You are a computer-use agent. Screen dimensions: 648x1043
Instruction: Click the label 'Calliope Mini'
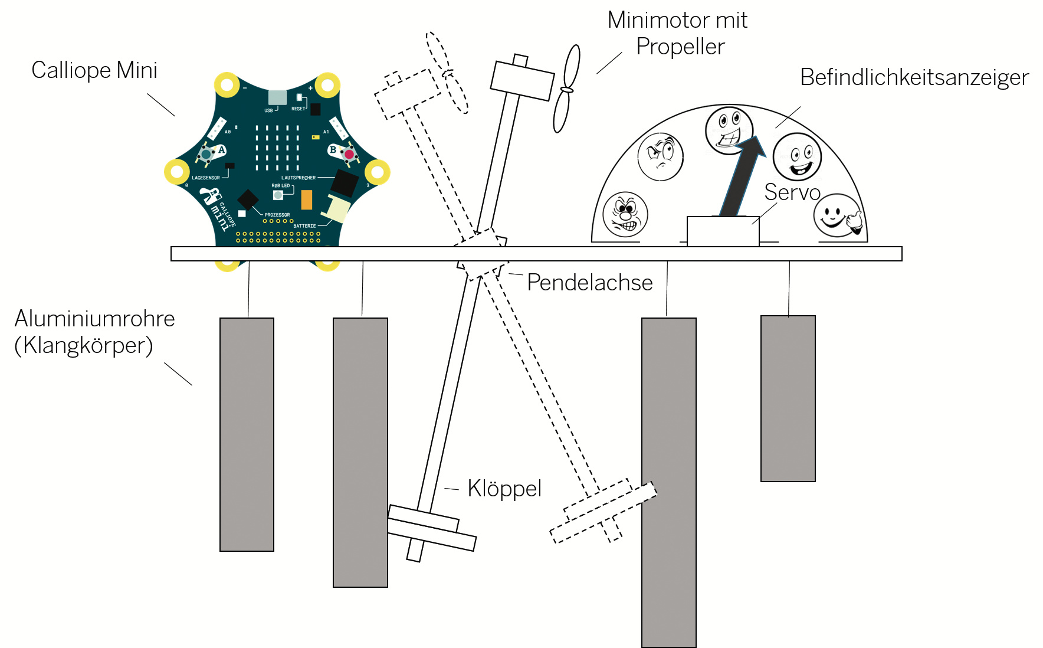pyautogui.click(x=94, y=70)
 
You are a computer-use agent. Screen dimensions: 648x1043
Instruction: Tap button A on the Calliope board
pyautogui.click(x=206, y=154)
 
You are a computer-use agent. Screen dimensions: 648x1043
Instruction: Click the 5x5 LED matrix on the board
pyautogui.click(x=277, y=147)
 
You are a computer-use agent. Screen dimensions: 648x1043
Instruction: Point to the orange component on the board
pyautogui.click(x=306, y=199)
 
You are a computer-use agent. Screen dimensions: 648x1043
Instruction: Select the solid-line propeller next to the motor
pyautogui.click(x=566, y=89)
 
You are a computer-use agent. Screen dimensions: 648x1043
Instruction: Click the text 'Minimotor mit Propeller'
pyautogui.click(x=678, y=33)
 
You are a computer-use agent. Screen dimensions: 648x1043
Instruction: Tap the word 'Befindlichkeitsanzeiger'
pyautogui.click(x=914, y=77)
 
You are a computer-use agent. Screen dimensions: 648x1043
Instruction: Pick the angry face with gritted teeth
pyautogui.click(x=625, y=214)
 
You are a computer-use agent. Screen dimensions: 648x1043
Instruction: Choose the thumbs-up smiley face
pyautogui.click(x=837, y=215)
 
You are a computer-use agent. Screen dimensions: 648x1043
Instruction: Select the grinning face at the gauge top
pyautogui.click(x=729, y=130)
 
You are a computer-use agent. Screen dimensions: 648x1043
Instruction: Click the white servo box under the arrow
pyautogui.click(x=722, y=231)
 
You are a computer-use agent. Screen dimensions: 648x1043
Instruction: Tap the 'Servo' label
pyautogui.click(x=792, y=192)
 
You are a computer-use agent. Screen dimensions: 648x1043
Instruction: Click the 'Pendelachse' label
pyautogui.click(x=589, y=283)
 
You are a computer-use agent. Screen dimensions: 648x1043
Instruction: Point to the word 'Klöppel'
pyautogui.click(x=504, y=489)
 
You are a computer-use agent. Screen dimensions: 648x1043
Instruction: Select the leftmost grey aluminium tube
pyautogui.click(x=247, y=434)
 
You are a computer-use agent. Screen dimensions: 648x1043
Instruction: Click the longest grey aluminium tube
pyautogui.click(x=668, y=482)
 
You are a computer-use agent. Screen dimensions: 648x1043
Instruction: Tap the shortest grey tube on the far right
pyautogui.click(x=788, y=398)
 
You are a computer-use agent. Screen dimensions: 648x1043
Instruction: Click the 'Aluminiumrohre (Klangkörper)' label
pyautogui.click(x=94, y=332)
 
